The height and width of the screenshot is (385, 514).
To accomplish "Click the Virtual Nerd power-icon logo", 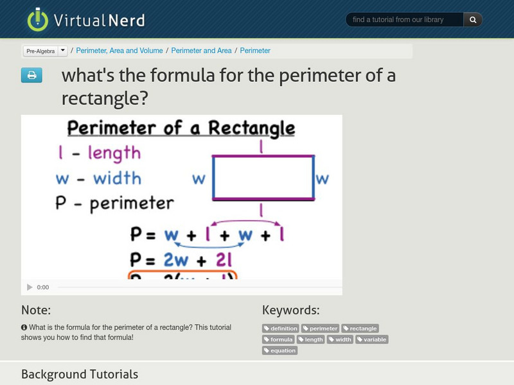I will [x=38, y=19].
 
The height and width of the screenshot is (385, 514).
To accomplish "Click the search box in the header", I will [x=405, y=20].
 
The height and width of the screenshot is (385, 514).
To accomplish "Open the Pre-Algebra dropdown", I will [x=45, y=51].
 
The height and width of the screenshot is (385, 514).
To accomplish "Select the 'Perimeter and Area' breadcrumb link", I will [x=201, y=51].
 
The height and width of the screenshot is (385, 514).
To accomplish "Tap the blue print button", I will [x=31, y=76].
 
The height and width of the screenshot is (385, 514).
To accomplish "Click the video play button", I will [x=30, y=287].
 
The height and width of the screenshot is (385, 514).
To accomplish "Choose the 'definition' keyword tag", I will [x=281, y=329].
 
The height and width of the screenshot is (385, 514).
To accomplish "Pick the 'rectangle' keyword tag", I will [x=360, y=329].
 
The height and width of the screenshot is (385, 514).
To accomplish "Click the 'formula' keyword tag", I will [x=278, y=339].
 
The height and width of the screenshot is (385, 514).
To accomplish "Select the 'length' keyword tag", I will [x=310, y=339].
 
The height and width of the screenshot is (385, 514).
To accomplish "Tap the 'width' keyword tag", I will [x=340, y=339].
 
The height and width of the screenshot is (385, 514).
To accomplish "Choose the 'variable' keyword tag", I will [x=372, y=339].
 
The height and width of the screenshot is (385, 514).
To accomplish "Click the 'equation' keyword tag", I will [x=280, y=350].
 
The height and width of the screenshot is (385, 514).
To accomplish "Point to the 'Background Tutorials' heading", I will [x=80, y=374].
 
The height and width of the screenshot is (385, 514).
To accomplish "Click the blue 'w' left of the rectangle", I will [x=199, y=178].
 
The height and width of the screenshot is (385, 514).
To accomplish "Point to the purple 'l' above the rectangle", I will [x=261, y=147].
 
